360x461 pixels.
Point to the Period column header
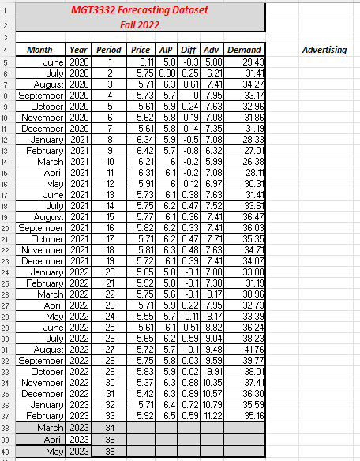coord(108,50)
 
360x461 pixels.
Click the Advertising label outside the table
coord(324,50)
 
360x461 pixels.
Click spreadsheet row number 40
coord(5,451)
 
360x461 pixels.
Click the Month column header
coord(39,50)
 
